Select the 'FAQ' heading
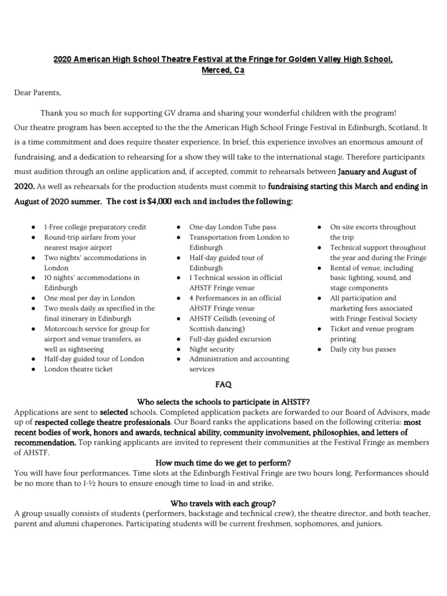point(223,385)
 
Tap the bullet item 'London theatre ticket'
point(79,369)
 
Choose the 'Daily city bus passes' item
point(363,349)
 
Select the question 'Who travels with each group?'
point(223,503)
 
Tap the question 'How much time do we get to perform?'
point(223,463)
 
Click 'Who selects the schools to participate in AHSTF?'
point(223,402)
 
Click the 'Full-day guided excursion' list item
point(230,339)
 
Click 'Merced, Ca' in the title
point(223,70)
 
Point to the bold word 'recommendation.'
point(45,442)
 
